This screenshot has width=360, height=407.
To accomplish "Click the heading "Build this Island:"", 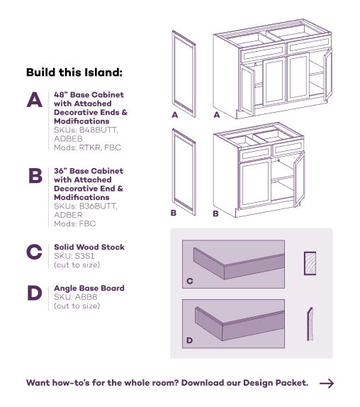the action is pos(74,72).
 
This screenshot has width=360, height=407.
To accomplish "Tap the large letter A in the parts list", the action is pos(34,100).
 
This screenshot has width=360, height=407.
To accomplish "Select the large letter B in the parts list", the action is pos(35,176).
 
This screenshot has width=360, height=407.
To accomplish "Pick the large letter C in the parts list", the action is pos(34,252).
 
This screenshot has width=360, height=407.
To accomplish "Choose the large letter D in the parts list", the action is pos(35,293).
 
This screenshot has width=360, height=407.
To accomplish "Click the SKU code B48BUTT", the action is pos(99,130).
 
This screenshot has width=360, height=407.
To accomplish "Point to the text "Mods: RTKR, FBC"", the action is pos(87,147).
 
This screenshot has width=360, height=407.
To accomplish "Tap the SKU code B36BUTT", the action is pos(99,206).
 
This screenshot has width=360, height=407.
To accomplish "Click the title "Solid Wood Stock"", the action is pos(89,247).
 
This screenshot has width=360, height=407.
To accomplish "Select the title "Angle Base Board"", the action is pos(89,288).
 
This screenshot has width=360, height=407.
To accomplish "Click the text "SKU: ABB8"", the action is pos(76,297).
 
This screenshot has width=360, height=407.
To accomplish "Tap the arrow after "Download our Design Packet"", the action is pos(327,383).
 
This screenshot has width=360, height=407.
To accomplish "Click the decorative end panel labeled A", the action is pos(184,74).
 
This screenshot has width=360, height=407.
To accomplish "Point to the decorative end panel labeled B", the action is pos(184,172).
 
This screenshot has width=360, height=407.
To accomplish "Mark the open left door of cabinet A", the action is pos(247,90).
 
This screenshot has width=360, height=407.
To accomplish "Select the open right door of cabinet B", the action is pos(299,179).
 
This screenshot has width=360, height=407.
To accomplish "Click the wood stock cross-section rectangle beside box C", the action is pos(310,263).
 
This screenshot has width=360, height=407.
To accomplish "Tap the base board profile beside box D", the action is pos(310,324).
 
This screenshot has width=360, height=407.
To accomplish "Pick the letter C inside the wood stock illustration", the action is pos(190,281).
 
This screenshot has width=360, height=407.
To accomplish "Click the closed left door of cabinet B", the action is pos(255,183).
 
